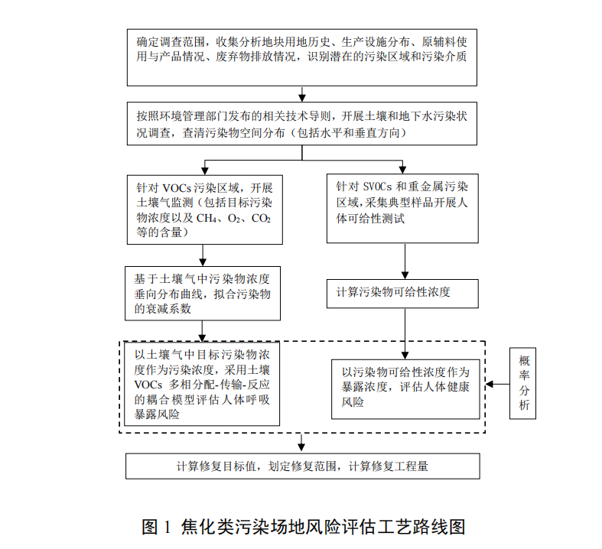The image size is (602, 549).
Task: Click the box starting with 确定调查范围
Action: pyautogui.click(x=302, y=57)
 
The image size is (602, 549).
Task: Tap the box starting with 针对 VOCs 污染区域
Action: pyautogui.click(x=203, y=209)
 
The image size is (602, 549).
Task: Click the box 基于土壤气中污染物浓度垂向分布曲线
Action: pyautogui.click(x=203, y=292)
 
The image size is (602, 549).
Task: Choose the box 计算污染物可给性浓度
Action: pyautogui.click(x=403, y=292)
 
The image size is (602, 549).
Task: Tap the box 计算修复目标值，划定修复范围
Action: pyautogui.click(x=302, y=465)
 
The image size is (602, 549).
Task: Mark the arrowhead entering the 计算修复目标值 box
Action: pyautogui.click(x=302, y=448)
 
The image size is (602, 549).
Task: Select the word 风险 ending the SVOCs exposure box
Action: pyautogui.click(x=353, y=402)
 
